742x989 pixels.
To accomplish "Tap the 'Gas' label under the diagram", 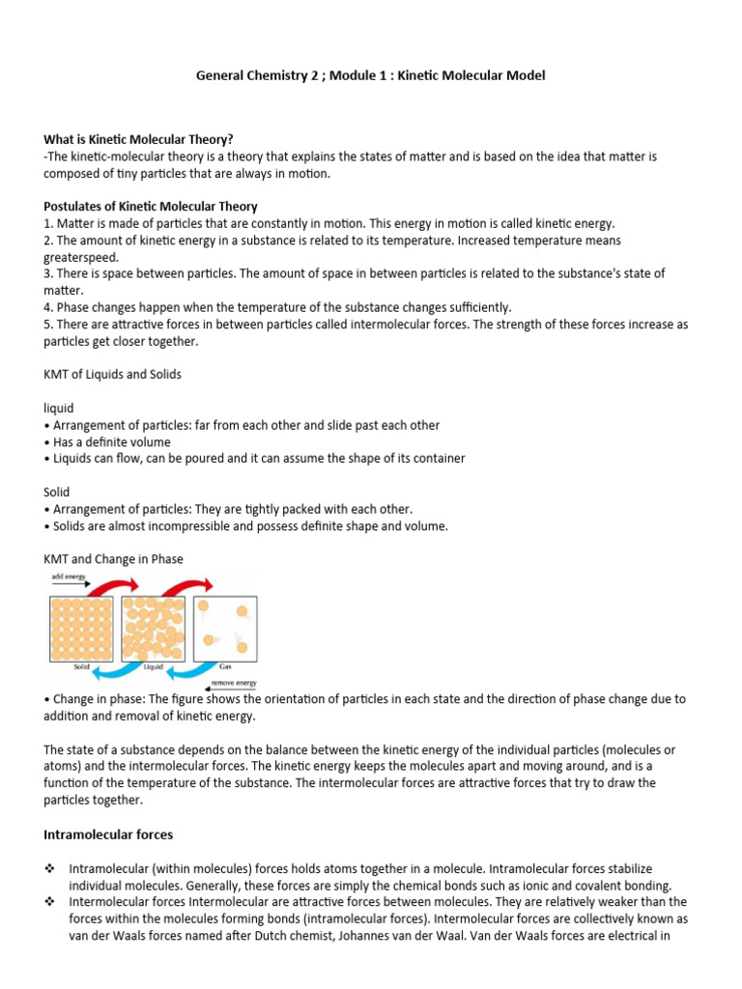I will [x=224, y=665].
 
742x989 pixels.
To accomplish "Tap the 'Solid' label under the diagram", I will [x=81, y=665].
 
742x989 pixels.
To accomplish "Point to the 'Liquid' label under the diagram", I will [x=153, y=665].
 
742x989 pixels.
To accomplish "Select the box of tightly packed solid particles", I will [x=82, y=628].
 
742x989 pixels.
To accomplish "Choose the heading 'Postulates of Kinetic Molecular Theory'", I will [x=151, y=207].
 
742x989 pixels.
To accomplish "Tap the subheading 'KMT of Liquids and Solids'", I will [x=113, y=374].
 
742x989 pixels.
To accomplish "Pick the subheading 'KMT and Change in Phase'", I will [x=113, y=559].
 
